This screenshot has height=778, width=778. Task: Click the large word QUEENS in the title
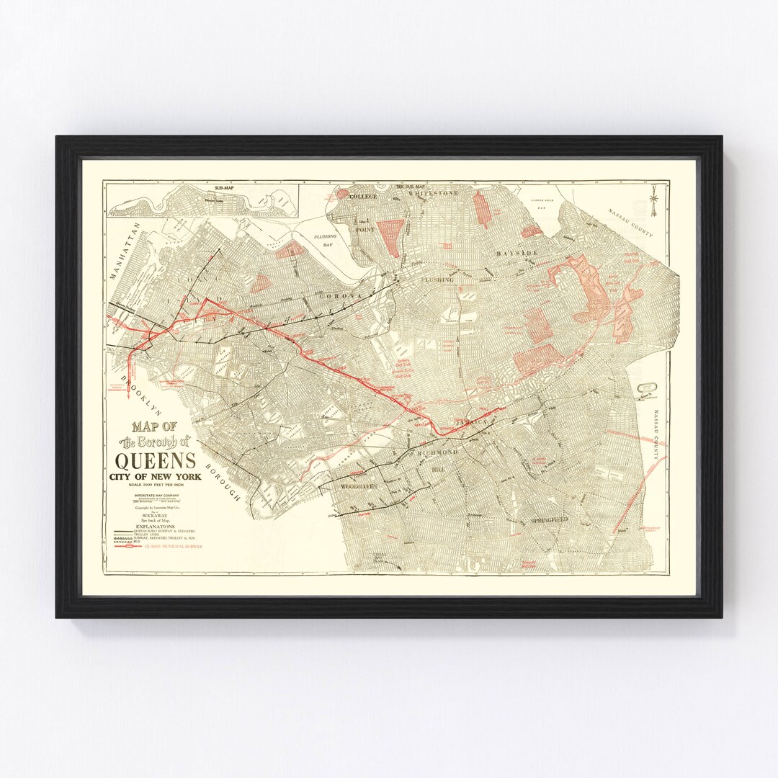(156, 460)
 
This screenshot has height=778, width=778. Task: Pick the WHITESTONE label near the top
(433, 194)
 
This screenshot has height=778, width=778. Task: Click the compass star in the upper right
(653, 199)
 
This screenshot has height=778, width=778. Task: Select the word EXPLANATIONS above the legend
(156, 527)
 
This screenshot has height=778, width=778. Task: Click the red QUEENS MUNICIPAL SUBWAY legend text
(174, 547)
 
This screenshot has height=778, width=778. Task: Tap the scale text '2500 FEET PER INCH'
(156, 487)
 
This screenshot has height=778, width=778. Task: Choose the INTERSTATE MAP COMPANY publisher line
(156, 496)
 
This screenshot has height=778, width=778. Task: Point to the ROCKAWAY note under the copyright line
(156, 516)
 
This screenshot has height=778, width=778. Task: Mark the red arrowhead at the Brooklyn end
(128, 393)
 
